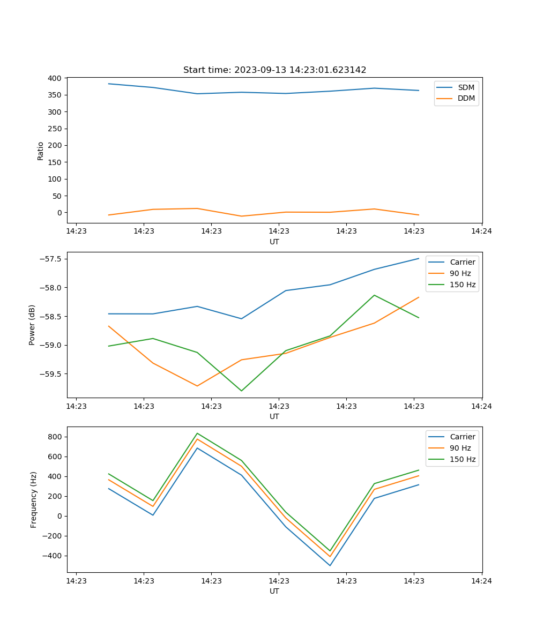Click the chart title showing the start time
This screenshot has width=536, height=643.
274,70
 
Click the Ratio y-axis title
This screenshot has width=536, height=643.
41,151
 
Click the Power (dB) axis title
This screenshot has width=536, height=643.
32,325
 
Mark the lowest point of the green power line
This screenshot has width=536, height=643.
241,391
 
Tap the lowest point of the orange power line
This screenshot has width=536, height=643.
197,386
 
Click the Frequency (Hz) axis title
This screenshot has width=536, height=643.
34,499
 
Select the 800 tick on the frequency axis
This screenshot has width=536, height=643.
55,437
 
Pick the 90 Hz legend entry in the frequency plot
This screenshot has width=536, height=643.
460,448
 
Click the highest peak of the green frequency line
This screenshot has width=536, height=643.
197,433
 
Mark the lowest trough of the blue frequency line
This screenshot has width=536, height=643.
330,565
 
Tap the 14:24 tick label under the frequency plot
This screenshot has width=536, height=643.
481,580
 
